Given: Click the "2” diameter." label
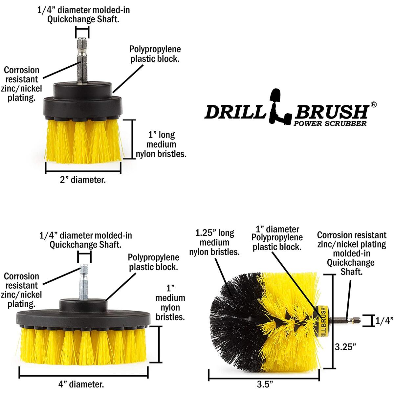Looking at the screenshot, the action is (83, 180).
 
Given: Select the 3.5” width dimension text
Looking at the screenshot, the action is (265, 384).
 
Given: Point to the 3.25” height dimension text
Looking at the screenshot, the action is (345, 347).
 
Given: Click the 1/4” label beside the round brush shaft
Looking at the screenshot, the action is (384, 320).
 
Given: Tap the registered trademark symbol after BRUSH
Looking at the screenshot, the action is (373, 104).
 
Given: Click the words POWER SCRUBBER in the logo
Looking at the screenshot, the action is (330, 123).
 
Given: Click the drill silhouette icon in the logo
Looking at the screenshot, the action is (280, 106).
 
